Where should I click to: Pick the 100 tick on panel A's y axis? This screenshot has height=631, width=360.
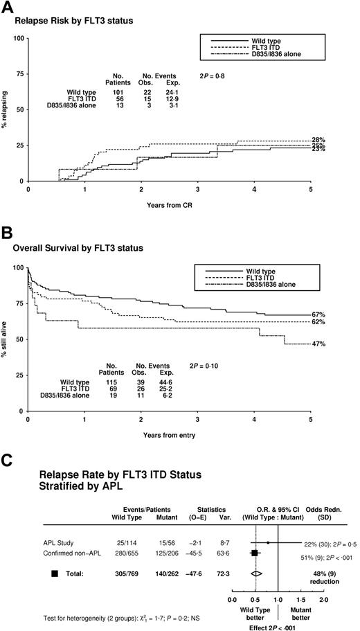coord(20,38)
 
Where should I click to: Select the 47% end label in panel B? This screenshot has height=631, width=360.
coord(337,344)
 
